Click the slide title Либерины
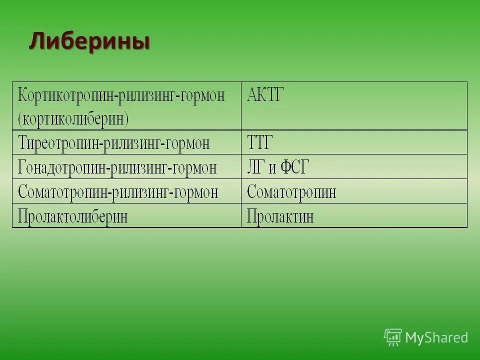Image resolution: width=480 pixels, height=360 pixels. [89, 41]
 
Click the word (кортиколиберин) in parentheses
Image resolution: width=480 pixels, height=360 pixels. [73, 119]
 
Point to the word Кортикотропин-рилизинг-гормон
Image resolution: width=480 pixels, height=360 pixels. [121, 95]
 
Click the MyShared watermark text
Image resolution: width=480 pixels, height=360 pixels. [436, 338]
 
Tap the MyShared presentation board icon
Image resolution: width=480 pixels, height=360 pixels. [393, 337]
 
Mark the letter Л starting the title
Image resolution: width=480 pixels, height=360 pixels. [36, 41]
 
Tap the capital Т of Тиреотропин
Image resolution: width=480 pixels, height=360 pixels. [22, 143]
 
